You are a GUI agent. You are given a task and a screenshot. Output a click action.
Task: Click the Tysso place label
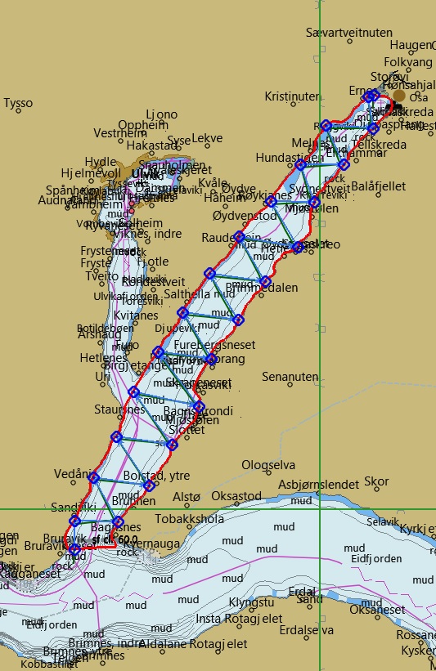[x=18, y=104]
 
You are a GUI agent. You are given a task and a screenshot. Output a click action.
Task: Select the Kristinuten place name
[x=292, y=96]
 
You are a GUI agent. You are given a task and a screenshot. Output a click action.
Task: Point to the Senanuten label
[x=290, y=377]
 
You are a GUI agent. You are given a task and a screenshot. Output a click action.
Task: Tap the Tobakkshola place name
[x=189, y=518]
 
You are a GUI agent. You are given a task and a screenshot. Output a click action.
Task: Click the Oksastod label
[x=236, y=496]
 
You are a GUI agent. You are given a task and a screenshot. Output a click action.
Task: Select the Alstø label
[x=187, y=496]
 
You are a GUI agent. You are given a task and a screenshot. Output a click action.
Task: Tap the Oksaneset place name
[x=377, y=610]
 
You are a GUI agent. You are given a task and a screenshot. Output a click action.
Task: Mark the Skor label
[x=376, y=481]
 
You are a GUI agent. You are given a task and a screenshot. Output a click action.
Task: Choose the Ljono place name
[x=160, y=114]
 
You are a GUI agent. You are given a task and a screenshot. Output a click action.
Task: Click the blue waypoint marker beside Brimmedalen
[x=265, y=282]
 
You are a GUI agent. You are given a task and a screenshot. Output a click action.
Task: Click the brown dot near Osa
[x=399, y=96]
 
